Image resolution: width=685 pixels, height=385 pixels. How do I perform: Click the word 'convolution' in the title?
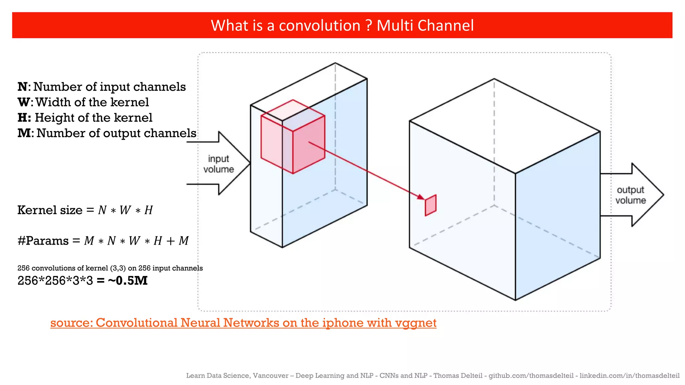[319, 26]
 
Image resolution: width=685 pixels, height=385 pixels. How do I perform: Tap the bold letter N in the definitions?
[22, 87]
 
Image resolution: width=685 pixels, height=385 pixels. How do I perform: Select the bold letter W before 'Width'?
[23, 102]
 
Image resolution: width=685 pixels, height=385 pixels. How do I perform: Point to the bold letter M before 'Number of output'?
[24, 133]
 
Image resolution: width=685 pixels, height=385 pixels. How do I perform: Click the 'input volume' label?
[218, 164]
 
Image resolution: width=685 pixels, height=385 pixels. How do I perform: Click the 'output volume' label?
[630, 195]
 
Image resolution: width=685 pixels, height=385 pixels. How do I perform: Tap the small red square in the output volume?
[430, 205]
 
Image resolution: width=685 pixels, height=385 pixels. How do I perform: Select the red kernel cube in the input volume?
[293, 137]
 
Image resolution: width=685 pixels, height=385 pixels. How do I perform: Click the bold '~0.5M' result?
[128, 280]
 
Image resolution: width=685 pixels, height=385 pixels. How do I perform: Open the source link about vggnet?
[243, 323]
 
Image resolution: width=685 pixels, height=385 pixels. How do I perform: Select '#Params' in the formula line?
[43, 241]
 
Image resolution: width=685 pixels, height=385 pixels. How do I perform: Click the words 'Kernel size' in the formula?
[50, 210]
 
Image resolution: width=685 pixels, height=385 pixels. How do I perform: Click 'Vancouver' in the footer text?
[270, 376]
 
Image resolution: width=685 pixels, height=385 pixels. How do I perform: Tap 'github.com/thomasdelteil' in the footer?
[531, 376]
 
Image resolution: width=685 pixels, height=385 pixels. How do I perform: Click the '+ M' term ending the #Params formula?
[178, 241]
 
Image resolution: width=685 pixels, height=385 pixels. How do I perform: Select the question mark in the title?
[369, 26]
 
